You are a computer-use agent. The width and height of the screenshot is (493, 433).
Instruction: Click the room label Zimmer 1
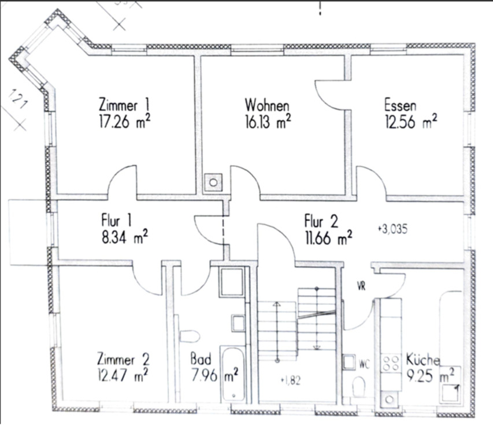(125, 106)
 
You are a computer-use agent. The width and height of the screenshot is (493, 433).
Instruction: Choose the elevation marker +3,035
(392, 229)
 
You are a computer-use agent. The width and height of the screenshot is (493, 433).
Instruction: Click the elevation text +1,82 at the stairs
(290, 380)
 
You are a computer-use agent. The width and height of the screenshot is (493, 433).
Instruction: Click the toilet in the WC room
(359, 387)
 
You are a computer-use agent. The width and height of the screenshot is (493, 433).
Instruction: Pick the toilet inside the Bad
(189, 336)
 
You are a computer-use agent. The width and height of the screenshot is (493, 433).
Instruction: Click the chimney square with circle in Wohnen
(214, 182)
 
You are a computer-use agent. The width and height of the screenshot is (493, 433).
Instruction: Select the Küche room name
(422, 358)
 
